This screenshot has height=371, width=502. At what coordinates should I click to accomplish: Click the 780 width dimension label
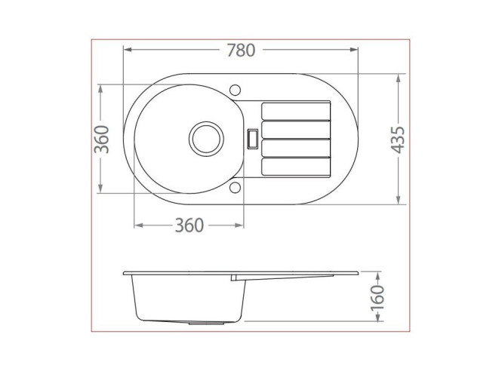[x=241, y=51]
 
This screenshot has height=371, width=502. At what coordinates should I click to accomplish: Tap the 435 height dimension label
[x=398, y=140]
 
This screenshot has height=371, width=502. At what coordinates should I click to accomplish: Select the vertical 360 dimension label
[x=102, y=139]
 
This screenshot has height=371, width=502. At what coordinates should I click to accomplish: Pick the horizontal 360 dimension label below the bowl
[x=189, y=225]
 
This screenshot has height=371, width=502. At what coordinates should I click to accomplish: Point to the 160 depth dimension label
[x=377, y=298]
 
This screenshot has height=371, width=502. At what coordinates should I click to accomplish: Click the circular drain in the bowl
[x=206, y=139]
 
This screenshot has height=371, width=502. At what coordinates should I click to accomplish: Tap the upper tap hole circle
[x=235, y=90]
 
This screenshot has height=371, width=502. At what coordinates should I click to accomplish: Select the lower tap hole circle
[x=235, y=188]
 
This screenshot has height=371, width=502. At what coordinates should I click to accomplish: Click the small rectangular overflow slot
[x=253, y=139]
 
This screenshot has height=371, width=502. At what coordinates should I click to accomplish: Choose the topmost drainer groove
[x=296, y=111]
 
